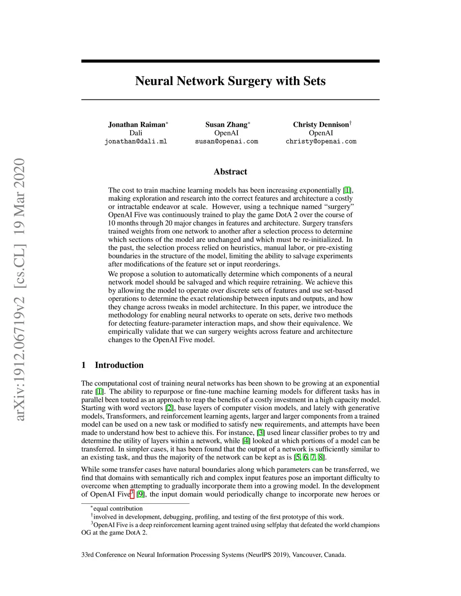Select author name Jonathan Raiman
coord(137,125)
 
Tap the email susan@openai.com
coord(226,142)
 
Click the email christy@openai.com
coord(321,142)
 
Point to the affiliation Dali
coord(136,133)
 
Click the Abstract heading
coord(230,172)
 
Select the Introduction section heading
coord(119,365)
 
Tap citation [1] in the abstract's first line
coord(348,190)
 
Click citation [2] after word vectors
coord(170,408)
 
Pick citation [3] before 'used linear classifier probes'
coord(261,433)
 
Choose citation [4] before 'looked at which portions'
coord(246,441)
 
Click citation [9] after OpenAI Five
coord(140,494)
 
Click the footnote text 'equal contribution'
coord(118,509)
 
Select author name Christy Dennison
coord(321,125)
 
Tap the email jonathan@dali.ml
coord(136,142)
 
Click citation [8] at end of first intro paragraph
coord(321,457)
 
